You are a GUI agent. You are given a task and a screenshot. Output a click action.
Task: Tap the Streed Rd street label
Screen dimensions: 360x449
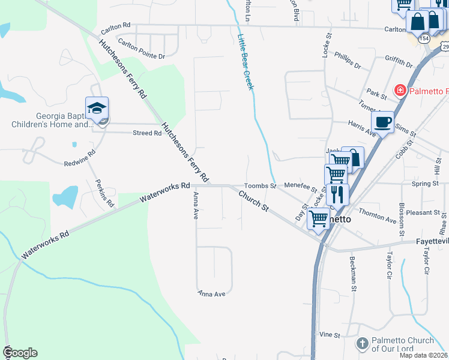(x=147, y=133)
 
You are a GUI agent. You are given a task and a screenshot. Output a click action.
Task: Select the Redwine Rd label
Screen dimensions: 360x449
(x=80, y=158)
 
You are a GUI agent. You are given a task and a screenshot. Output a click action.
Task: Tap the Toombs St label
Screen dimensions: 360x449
(x=259, y=186)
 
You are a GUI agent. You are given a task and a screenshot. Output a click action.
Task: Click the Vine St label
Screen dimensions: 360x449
(x=330, y=334)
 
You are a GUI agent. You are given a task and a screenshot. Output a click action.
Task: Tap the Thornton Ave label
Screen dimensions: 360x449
(x=378, y=217)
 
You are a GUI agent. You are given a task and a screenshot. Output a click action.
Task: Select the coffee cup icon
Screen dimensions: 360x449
(x=382, y=122)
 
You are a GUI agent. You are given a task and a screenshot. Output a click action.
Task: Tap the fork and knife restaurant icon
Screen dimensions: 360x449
(x=336, y=194)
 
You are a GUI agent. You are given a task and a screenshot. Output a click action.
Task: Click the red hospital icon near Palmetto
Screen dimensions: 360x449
(x=399, y=91)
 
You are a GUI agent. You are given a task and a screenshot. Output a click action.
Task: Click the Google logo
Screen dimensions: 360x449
(x=20, y=353)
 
